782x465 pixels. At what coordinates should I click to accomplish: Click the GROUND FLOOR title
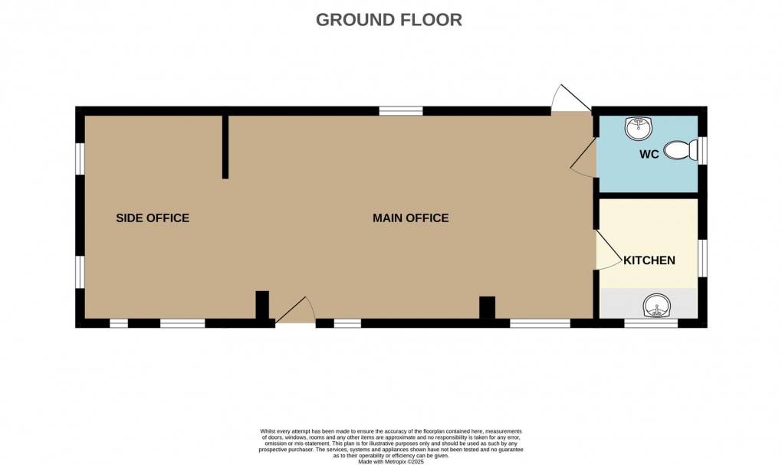coord(389,20)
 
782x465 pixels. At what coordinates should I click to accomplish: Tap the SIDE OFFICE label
coord(153,218)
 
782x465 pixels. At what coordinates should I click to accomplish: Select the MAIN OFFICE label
coord(410,218)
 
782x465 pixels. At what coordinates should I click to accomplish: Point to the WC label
coord(649,155)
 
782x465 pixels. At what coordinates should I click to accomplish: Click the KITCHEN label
coord(649,260)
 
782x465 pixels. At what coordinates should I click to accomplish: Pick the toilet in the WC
coord(680,149)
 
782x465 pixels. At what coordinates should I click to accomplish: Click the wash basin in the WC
coord(639,129)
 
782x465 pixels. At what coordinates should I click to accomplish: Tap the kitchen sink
coord(656,306)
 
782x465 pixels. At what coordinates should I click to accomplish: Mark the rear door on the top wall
coord(570,98)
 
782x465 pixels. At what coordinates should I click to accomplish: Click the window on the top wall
coord(401,111)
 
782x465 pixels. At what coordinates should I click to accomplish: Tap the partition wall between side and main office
coord(225,147)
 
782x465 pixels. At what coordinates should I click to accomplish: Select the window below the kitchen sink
coord(651,323)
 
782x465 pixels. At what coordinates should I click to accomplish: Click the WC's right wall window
coord(702,150)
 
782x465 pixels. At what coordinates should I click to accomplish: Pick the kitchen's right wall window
coord(702,257)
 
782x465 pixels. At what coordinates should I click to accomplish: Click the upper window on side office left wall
coord(80,159)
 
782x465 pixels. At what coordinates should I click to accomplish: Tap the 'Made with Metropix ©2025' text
coord(391,462)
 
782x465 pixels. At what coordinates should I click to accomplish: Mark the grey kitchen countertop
coord(649,303)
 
